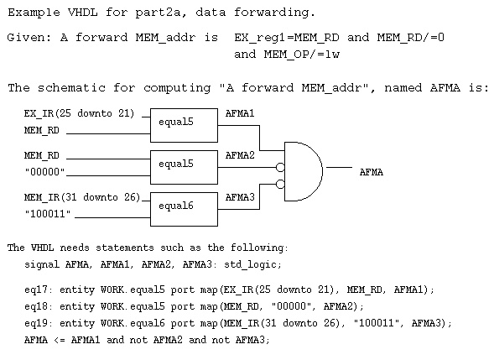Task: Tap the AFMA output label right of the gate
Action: [x=372, y=172]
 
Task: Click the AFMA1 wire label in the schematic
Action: [x=240, y=113]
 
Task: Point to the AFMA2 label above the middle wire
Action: [x=240, y=155]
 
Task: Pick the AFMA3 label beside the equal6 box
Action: [x=240, y=197]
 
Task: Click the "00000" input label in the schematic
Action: [x=44, y=172]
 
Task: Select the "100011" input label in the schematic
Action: [x=48, y=214]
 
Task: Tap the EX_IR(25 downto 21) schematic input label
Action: [x=80, y=113]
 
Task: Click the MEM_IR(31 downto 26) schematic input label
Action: [x=82, y=198]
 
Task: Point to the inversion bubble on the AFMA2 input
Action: [x=280, y=167]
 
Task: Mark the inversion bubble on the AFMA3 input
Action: [x=280, y=184]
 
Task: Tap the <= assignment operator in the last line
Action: [x=60, y=341]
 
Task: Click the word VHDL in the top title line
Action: [x=82, y=13]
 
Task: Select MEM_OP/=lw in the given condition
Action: [x=302, y=55]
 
